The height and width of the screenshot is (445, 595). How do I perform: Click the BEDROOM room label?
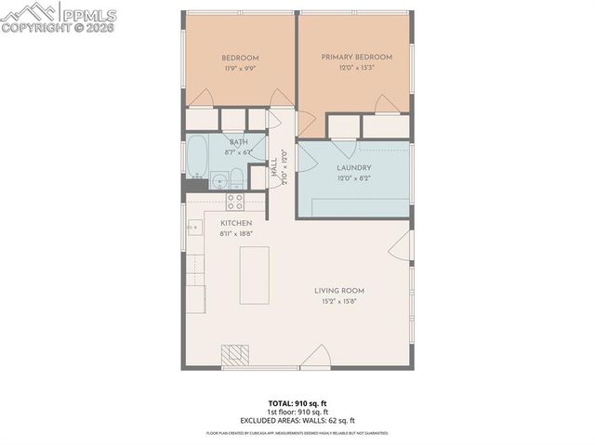coord(238,57)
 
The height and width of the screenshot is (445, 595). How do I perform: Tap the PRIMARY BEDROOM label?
coord(357,57)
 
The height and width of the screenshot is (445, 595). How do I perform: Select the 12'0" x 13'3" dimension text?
coord(357,68)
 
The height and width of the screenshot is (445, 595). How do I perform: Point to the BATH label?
coord(226,141)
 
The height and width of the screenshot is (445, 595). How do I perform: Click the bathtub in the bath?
coord(196,159)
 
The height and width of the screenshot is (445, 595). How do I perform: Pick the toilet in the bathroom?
coord(236,178)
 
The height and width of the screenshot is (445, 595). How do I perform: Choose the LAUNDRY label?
coord(353,167)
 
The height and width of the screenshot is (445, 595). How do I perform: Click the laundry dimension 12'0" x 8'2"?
coord(353,178)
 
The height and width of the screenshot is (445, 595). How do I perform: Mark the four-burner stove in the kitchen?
coord(235,201)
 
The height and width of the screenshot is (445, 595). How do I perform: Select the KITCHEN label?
coord(236,224)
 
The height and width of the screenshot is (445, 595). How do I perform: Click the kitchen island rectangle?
coord(255,274)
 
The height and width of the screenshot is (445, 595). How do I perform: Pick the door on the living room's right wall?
coord(399,246)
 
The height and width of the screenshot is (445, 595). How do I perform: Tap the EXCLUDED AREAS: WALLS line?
coord(297,421)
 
